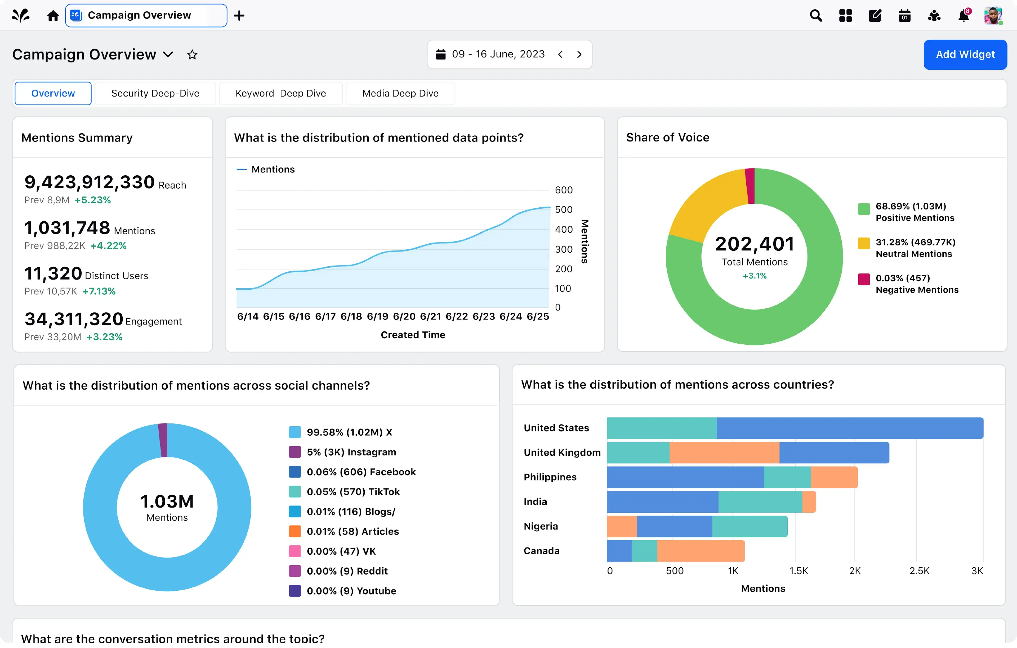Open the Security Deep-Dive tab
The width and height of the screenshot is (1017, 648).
155,93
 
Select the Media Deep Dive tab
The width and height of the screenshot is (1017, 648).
400,93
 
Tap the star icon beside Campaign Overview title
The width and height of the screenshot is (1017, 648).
192,54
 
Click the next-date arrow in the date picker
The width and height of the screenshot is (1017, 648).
579,54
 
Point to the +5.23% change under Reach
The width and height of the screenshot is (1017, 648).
92,200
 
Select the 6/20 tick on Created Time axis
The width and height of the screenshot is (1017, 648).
404,316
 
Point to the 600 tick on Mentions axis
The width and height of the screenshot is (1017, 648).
563,190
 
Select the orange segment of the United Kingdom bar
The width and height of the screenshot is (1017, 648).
724,453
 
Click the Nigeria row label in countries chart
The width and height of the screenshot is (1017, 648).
541,526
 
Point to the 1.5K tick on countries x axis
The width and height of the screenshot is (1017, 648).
798,571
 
